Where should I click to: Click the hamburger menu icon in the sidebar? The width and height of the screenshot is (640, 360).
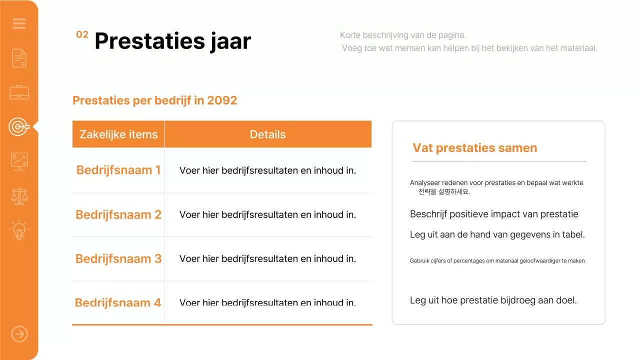point(19,23)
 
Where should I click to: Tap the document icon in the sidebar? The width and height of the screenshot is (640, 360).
point(19,58)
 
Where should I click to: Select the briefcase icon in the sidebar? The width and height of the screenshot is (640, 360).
point(19,92)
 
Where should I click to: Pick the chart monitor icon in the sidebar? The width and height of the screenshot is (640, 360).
point(19,161)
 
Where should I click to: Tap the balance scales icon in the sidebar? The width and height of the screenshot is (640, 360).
point(19,196)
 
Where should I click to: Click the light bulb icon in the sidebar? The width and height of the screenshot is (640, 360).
point(19,230)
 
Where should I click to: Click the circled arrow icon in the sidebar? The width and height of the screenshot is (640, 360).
point(19,334)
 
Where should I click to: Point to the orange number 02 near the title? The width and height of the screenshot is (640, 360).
point(82,34)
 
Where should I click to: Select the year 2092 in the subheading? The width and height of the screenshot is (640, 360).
point(222,100)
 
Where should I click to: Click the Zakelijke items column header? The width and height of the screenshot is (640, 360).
point(118,134)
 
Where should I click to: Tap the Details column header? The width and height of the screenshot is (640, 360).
point(267,134)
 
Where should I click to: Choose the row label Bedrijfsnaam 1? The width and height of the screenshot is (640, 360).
point(118,170)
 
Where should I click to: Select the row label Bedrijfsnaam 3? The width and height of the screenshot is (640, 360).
point(118,258)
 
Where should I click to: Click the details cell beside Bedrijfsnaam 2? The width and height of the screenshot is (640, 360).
point(267,214)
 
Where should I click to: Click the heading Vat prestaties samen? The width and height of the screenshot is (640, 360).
point(474,148)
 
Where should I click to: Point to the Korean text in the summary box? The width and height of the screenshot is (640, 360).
point(444,191)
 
